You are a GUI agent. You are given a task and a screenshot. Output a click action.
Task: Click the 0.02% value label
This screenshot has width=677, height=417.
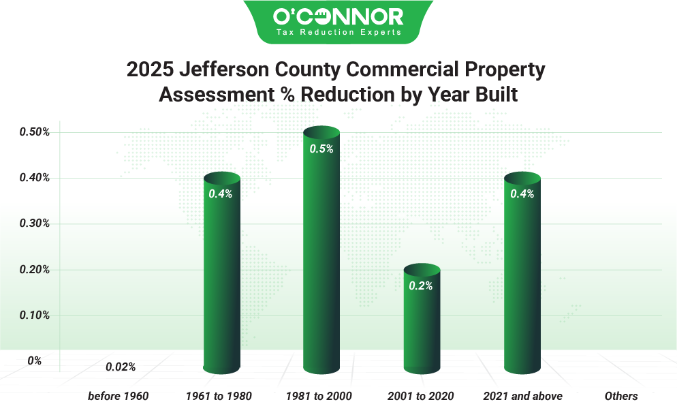(x=121, y=367)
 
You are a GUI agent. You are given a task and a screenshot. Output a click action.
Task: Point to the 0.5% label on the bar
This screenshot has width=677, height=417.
(x=321, y=149)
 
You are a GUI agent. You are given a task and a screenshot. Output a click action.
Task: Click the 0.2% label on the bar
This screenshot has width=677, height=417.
(x=421, y=286)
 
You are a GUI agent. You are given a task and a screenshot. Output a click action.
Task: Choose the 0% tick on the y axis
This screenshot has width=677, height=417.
(x=34, y=360)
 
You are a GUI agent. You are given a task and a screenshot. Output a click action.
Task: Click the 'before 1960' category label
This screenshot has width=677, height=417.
(x=118, y=396)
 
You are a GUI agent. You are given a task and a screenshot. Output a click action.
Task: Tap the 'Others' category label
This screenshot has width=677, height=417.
(x=621, y=396)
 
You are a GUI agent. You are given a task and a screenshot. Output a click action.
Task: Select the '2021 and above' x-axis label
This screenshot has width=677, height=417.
(x=522, y=396)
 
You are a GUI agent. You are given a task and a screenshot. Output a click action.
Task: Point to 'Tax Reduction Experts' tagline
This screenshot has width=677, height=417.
(x=338, y=32)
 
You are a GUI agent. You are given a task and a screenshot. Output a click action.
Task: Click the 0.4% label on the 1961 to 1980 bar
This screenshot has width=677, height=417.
(x=221, y=194)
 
